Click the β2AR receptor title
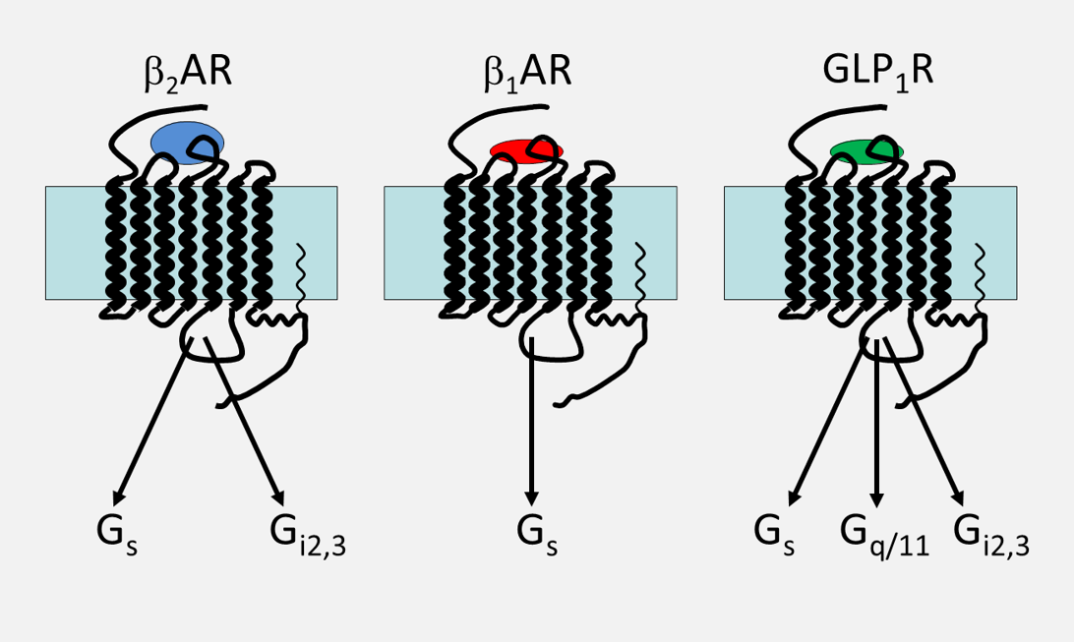click(x=185, y=75)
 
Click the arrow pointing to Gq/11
click(x=876, y=423)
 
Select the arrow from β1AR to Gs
click(x=531, y=423)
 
